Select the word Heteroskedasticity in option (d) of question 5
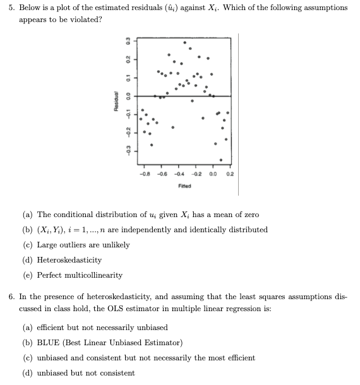point(69,260)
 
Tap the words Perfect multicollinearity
point(80,275)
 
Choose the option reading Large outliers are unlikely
point(83,245)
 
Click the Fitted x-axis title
point(184,186)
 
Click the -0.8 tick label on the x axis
point(147,174)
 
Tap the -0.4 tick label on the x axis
point(179,174)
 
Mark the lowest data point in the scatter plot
point(221,159)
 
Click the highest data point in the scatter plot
point(184,43)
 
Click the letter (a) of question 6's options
point(28,328)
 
